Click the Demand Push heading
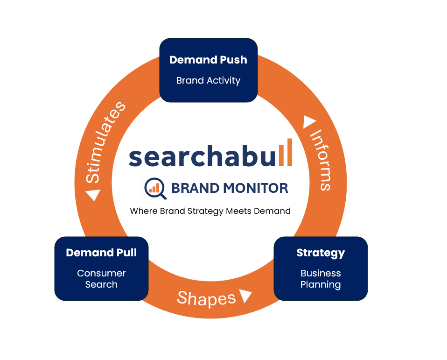(x=208, y=60)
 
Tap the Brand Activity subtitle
(x=208, y=80)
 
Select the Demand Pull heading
(x=101, y=253)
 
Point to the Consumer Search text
(x=101, y=279)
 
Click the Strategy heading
(x=321, y=253)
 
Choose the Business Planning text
(x=321, y=279)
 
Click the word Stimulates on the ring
(x=105, y=142)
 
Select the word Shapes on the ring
(x=206, y=298)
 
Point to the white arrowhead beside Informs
(x=310, y=122)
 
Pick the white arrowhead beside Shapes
(x=245, y=295)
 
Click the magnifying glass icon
(x=154, y=187)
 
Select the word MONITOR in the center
(x=255, y=188)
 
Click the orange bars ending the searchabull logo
(x=286, y=152)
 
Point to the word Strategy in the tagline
(x=207, y=211)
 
